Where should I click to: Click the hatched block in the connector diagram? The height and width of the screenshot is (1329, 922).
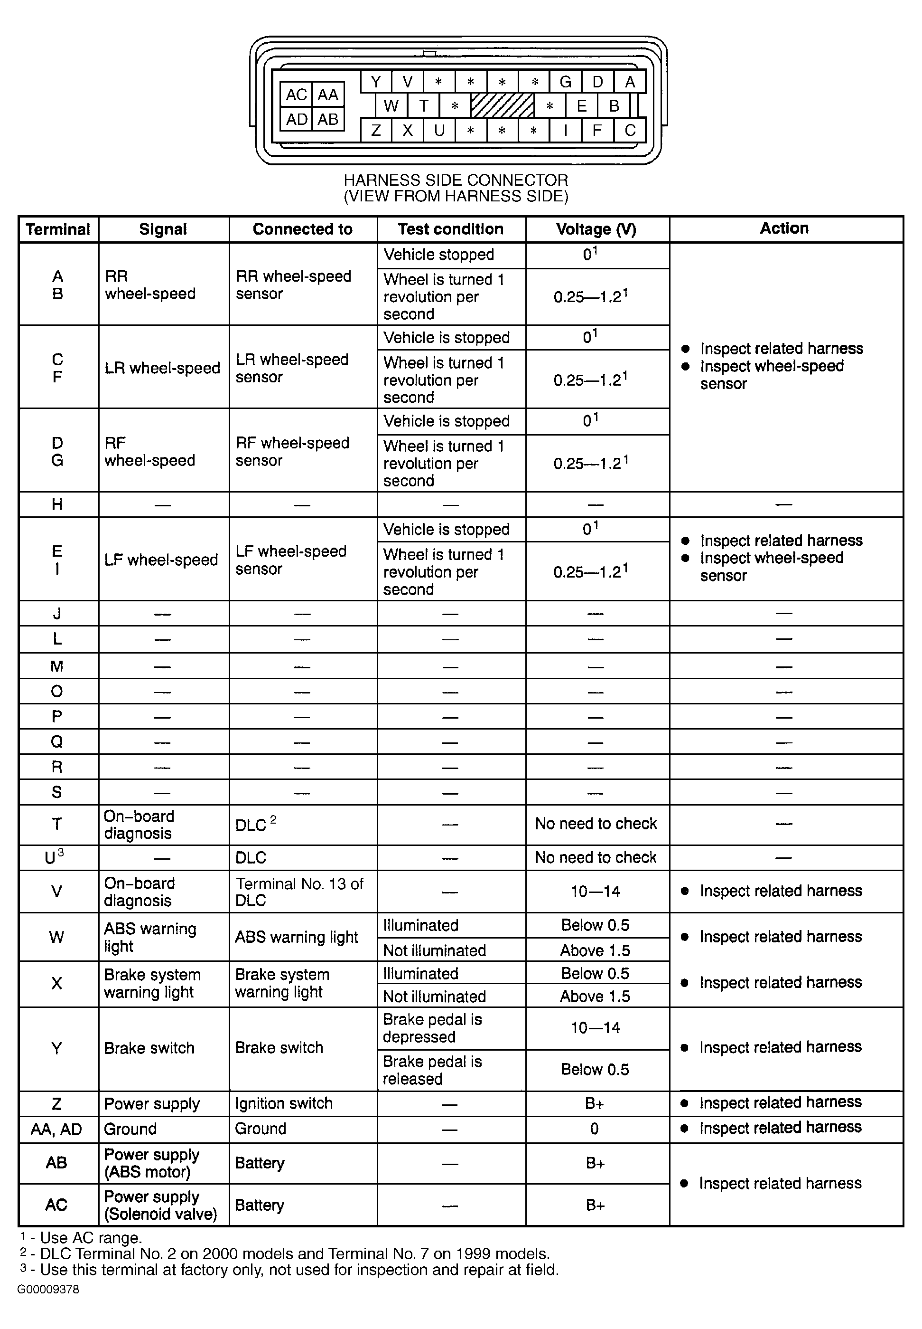coord(502,106)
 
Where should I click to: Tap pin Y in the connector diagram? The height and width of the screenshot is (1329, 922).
coord(376,82)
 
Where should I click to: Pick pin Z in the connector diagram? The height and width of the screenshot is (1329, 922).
coord(376,130)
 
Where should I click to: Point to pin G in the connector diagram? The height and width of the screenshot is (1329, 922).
coord(565,82)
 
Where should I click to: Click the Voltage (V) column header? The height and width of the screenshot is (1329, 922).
coord(596,229)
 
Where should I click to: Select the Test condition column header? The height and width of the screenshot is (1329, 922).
coord(451,229)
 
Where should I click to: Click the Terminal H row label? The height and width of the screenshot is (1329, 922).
coord(57,504)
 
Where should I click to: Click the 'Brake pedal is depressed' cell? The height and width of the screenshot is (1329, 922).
coord(432,1028)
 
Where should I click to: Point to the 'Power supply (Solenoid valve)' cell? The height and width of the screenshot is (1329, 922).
coord(160,1206)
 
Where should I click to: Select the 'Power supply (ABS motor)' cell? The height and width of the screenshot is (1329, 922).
coord(151,1163)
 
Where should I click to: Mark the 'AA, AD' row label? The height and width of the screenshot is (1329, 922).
coord(56,1130)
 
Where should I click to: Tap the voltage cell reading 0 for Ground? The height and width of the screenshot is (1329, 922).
coord(595,1130)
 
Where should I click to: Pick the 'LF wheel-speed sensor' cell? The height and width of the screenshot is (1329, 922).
coord(290,560)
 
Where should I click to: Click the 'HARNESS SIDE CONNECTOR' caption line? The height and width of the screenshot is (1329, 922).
coord(456,180)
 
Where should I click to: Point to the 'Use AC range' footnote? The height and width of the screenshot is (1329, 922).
coord(81,1238)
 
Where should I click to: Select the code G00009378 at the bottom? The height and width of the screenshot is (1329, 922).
coord(48,1290)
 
